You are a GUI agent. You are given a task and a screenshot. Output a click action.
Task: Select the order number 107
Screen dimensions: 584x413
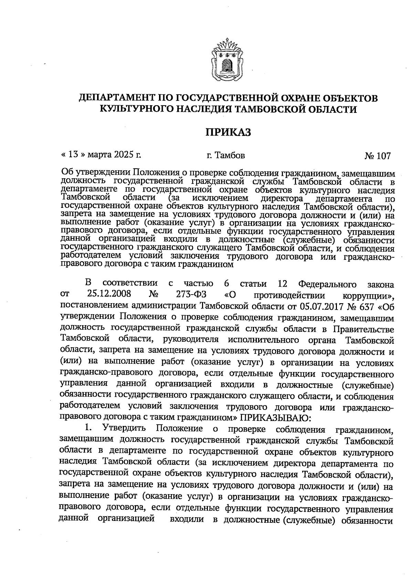pos(383,156)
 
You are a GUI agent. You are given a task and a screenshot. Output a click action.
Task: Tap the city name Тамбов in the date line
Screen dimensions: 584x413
pos(230,156)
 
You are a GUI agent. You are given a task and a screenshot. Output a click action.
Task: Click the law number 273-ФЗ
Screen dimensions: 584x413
pos(188,295)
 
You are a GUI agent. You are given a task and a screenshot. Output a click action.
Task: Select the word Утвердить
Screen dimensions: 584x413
pos(124,429)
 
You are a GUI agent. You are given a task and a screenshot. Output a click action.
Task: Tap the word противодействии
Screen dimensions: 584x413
pos(289,295)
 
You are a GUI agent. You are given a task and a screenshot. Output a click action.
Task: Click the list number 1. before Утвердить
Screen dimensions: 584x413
pos(89,429)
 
